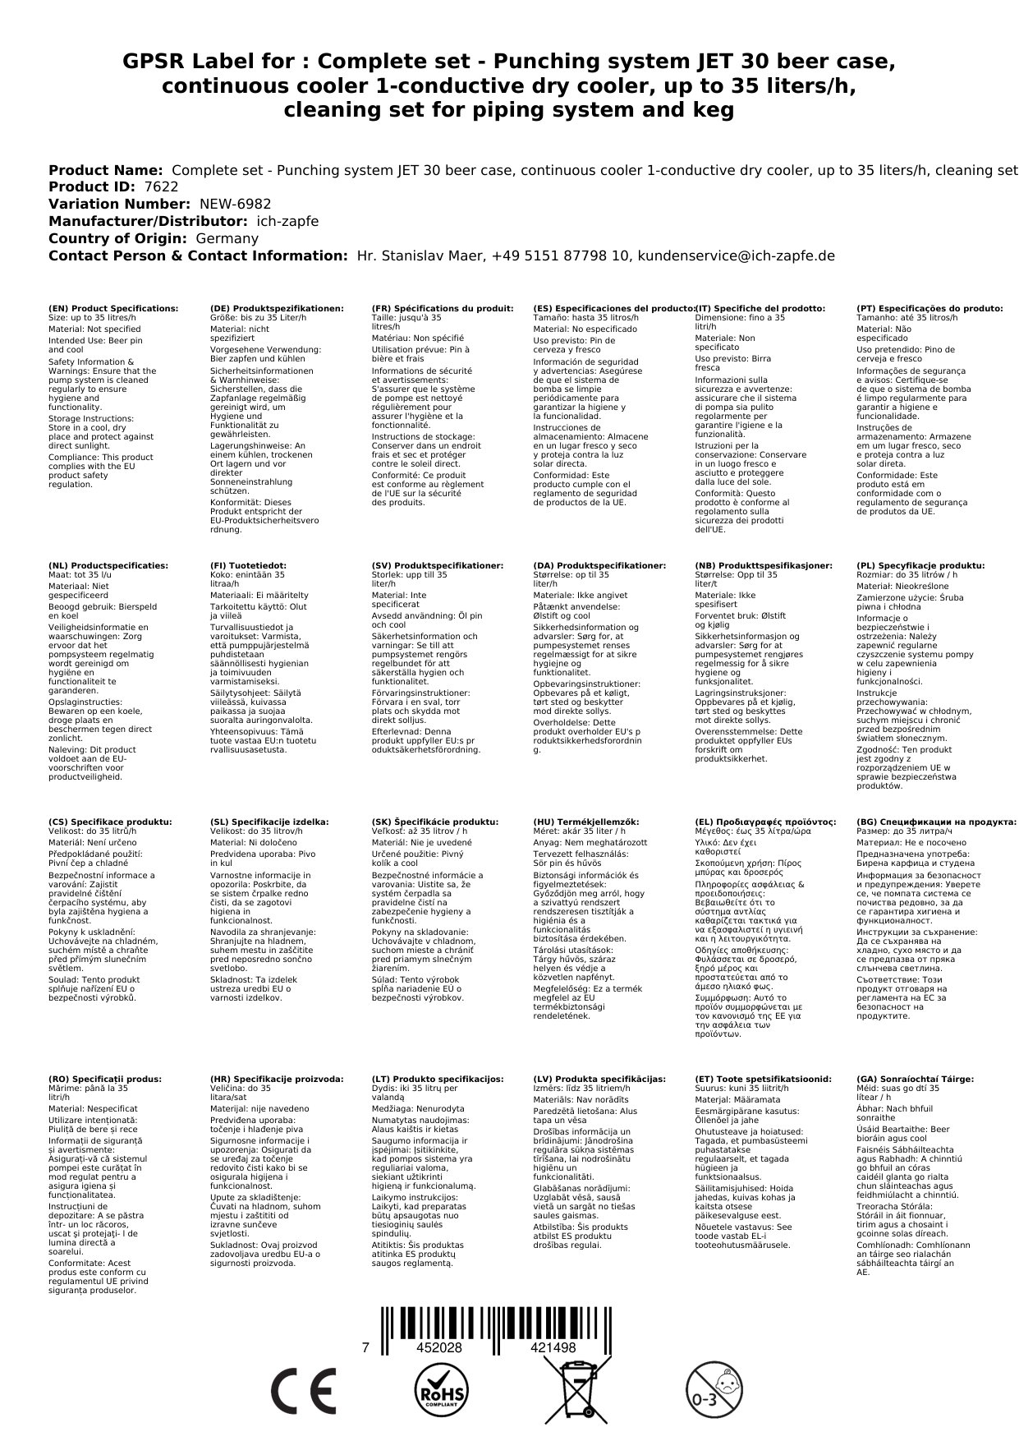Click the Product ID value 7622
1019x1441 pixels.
coord(161,187)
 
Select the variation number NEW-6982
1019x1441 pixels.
coord(235,205)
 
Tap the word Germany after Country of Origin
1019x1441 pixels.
coord(227,239)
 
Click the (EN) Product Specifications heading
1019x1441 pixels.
coord(113,309)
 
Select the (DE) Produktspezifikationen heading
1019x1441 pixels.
coord(277,309)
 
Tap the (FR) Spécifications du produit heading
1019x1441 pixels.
coord(443,309)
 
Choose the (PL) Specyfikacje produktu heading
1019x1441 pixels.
coord(920,566)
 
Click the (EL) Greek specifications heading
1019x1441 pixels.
coord(765,822)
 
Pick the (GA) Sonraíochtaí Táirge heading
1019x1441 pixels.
coord(915,1079)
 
